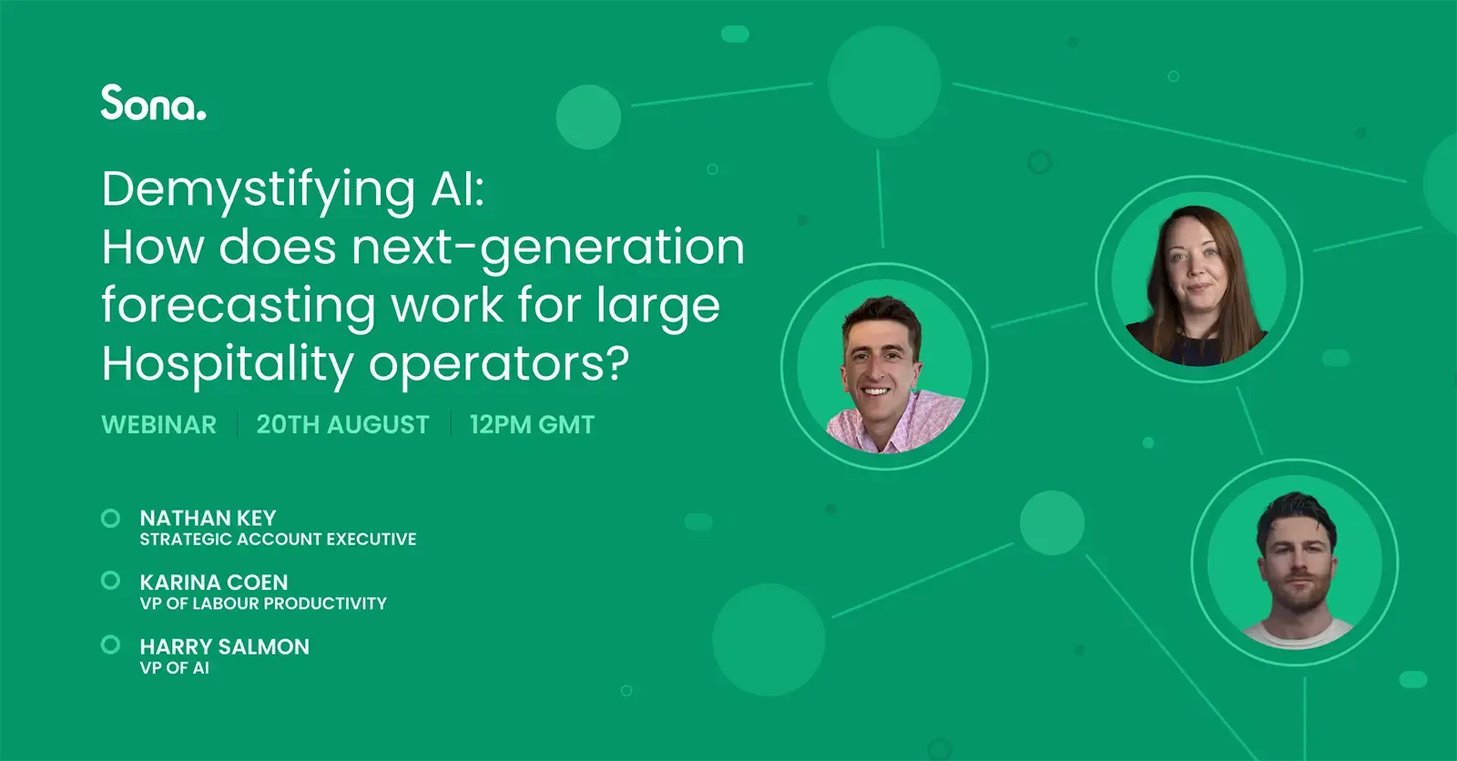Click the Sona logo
click(x=154, y=103)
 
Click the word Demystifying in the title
click(x=259, y=191)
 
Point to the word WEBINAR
click(x=158, y=425)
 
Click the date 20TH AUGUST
click(x=342, y=425)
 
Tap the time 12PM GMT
click(x=532, y=425)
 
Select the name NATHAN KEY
click(x=209, y=518)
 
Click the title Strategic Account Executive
click(x=279, y=539)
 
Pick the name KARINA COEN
click(x=214, y=583)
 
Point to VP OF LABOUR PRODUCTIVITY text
click(x=263, y=604)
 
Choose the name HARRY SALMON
click(x=225, y=646)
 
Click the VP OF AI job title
click(x=174, y=668)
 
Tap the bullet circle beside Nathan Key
click(x=110, y=518)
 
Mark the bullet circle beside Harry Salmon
click(x=110, y=644)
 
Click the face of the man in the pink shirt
click(x=880, y=365)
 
